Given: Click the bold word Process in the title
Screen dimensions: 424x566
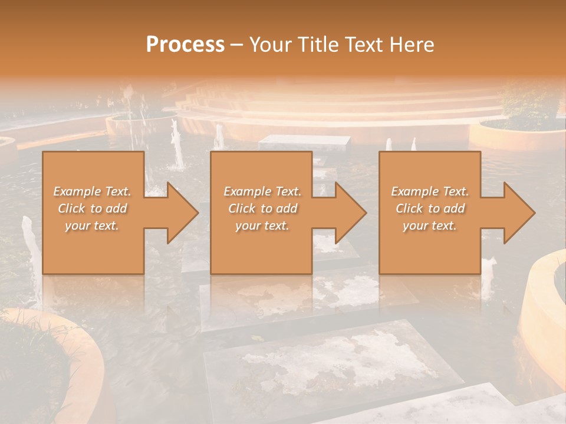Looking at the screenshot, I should [x=185, y=45].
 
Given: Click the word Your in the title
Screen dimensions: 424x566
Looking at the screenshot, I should [x=272, y=45].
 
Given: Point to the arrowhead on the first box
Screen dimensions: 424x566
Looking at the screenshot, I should [x=177, y=213].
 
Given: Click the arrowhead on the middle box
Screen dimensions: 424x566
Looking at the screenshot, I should [x=345, y=213].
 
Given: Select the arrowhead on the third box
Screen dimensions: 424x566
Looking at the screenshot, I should [x=514, y=213].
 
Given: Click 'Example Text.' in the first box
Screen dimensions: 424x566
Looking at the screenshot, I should [x=92, y=191].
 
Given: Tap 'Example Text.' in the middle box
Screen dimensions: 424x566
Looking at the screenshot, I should [x=262, y=191].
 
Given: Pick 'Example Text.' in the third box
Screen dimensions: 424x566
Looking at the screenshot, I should [x=430, y=191].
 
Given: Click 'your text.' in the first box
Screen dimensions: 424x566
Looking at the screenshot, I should [x=92, y=226].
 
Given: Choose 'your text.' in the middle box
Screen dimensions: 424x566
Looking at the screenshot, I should [x=262, y=226].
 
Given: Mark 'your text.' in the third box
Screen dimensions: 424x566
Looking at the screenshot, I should [x=430, y=226].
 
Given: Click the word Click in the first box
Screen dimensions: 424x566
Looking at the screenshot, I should [x=71, y=208].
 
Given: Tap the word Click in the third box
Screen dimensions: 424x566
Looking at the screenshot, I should [x=409, y=208].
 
